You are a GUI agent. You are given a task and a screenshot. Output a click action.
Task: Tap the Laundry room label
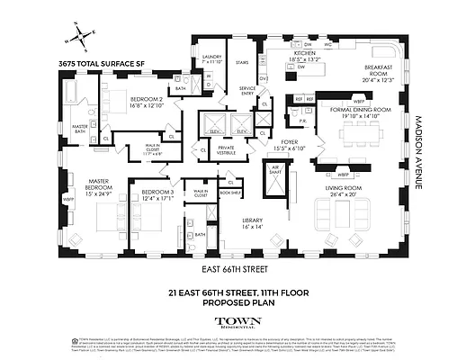pos(212,58)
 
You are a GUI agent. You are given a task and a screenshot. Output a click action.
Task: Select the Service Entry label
pos(246,89)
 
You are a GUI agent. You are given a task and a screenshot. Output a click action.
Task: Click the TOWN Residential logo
pos(232,321)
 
